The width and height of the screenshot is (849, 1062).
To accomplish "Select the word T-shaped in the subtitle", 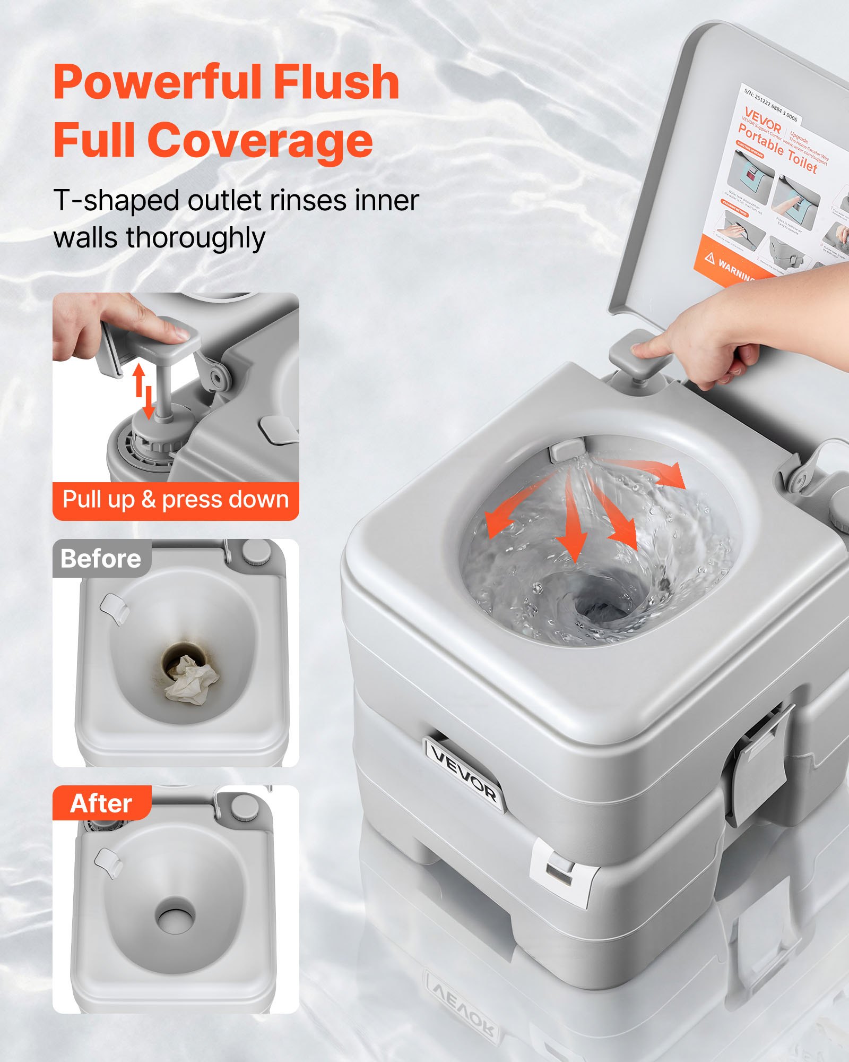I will tap(116, 201).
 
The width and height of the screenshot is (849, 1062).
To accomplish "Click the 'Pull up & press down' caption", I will tap(176, 500).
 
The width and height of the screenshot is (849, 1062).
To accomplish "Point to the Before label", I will tap(101, 559).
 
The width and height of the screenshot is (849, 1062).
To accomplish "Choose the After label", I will tap(101, 803).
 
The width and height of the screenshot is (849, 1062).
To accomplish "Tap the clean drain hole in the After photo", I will tap(175, 916).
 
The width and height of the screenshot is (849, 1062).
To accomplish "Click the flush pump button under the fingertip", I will tap(640, 355).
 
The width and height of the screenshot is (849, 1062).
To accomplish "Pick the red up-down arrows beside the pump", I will tap(144, 390).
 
